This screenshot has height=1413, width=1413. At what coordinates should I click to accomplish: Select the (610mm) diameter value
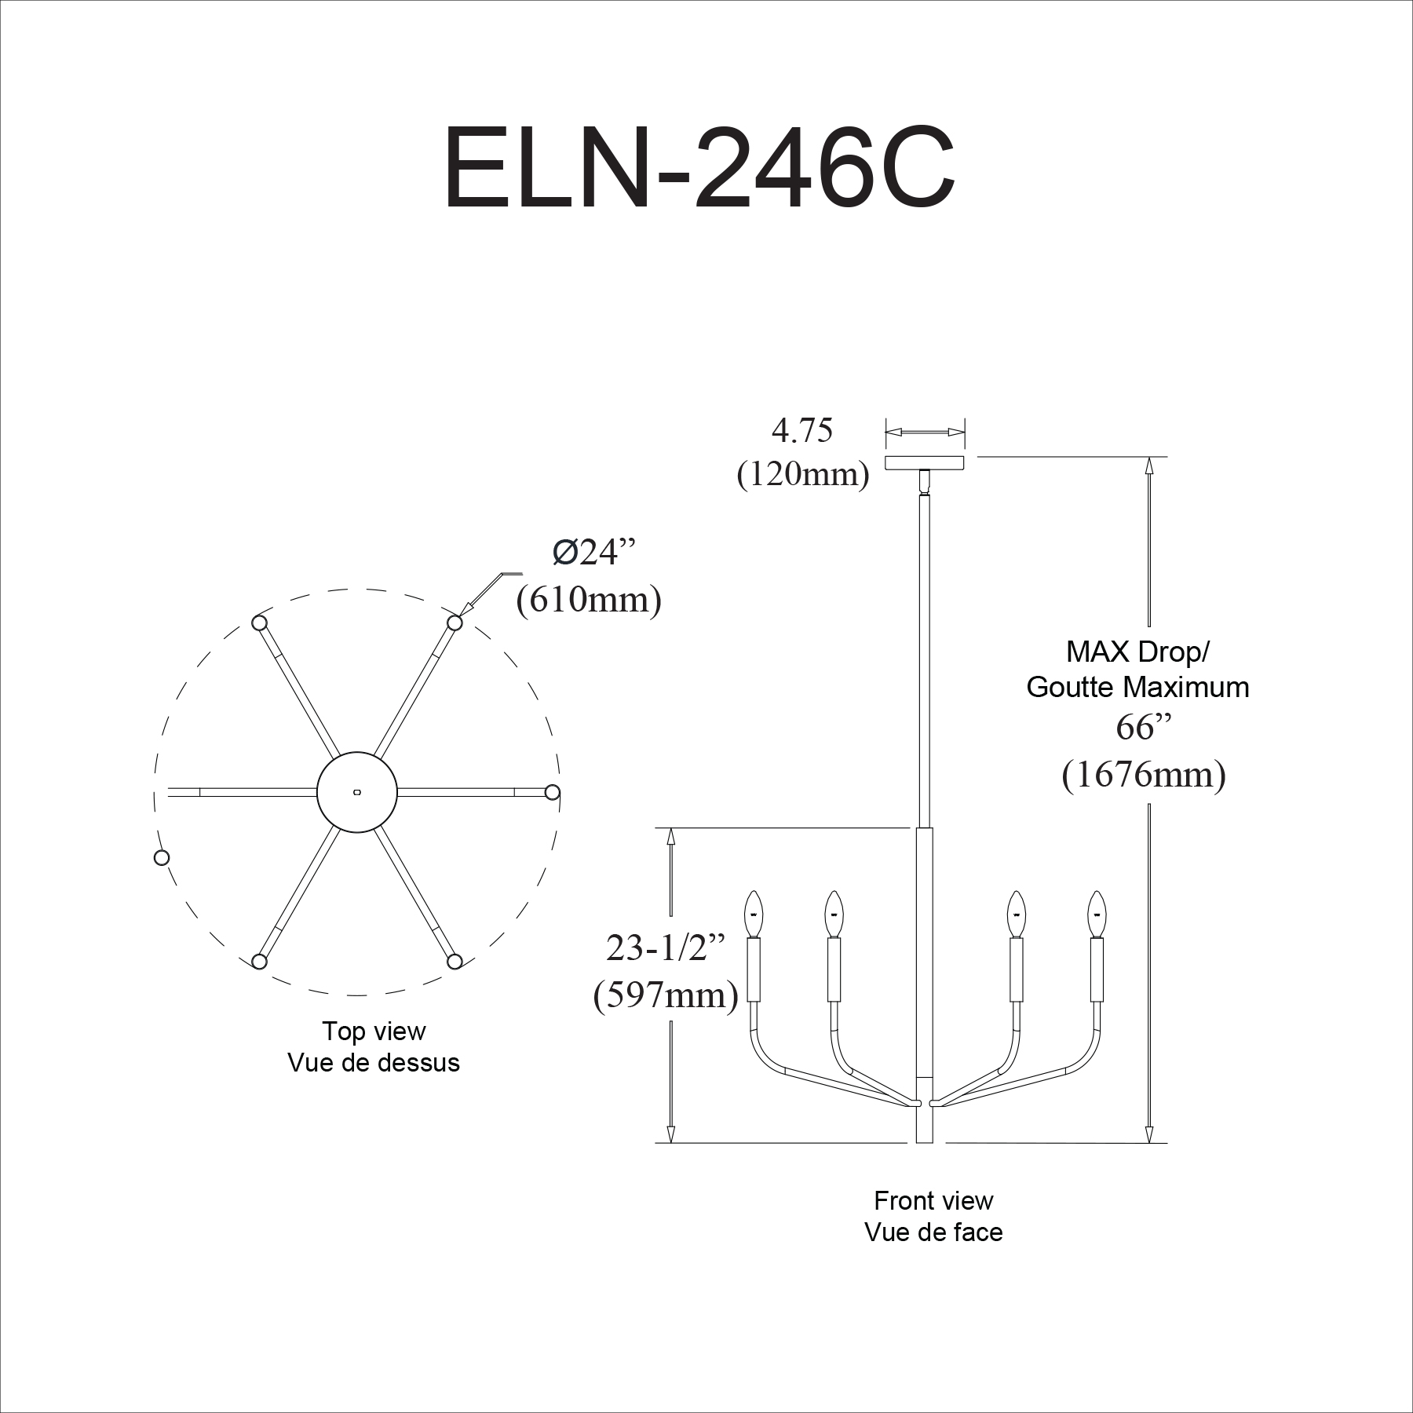pyautogui.click(x=589, y=601)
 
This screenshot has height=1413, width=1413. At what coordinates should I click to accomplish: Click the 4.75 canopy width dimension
pyautogui.click(x=801, y=430)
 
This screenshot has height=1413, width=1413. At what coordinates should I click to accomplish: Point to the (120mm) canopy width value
pyautogui.click(x=803, y=474)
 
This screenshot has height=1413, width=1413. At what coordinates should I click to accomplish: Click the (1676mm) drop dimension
pyautogui.click(x=1144, y=775)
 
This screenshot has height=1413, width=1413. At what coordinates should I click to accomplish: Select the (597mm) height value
pyautogui.click(x=666, y=995)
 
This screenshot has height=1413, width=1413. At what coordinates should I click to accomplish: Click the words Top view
pyautogui.click(x=374, y=1031)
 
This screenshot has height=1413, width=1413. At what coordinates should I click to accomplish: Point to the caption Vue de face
pyautogui.click(x=933, y=1232)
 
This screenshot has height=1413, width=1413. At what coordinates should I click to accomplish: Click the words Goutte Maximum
pyautogui.click(x=1137, y=687)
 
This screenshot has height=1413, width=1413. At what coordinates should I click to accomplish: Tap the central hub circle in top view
pyautogui.click(x=357, y=792)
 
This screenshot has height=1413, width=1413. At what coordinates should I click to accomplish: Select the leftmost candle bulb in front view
pyautogui.click(x=754, y=914)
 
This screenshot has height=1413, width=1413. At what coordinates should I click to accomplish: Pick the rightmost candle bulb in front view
pyautogui.click(x=1096, y=914)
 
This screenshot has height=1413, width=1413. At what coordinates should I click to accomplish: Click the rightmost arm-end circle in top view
pyautogui.click(x=553, y=792)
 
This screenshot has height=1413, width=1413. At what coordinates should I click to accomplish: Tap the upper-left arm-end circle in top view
pyautogui.click(x=259, y=623)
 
